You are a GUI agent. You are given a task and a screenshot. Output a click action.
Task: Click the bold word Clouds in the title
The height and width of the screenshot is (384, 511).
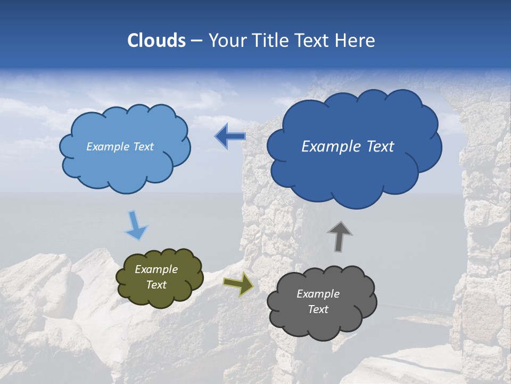[156, 41]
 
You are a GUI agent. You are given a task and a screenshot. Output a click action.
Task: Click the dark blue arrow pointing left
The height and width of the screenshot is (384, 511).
[230, 137]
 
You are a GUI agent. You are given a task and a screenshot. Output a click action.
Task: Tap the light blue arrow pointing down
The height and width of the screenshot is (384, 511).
[136, 226]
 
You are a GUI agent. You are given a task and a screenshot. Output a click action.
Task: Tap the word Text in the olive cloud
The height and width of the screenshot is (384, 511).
[156, 285]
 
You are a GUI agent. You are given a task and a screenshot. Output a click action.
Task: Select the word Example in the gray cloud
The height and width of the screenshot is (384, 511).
[318, 294]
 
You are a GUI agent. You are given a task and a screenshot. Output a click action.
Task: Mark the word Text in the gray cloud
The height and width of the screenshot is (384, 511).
[318, 309]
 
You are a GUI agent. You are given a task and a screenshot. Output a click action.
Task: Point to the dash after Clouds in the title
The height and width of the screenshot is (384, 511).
[196, 41]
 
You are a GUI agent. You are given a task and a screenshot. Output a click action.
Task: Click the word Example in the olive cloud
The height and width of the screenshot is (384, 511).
[156, 269]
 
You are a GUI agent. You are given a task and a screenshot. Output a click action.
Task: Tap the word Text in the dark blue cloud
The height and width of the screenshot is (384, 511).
[380, 147]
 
